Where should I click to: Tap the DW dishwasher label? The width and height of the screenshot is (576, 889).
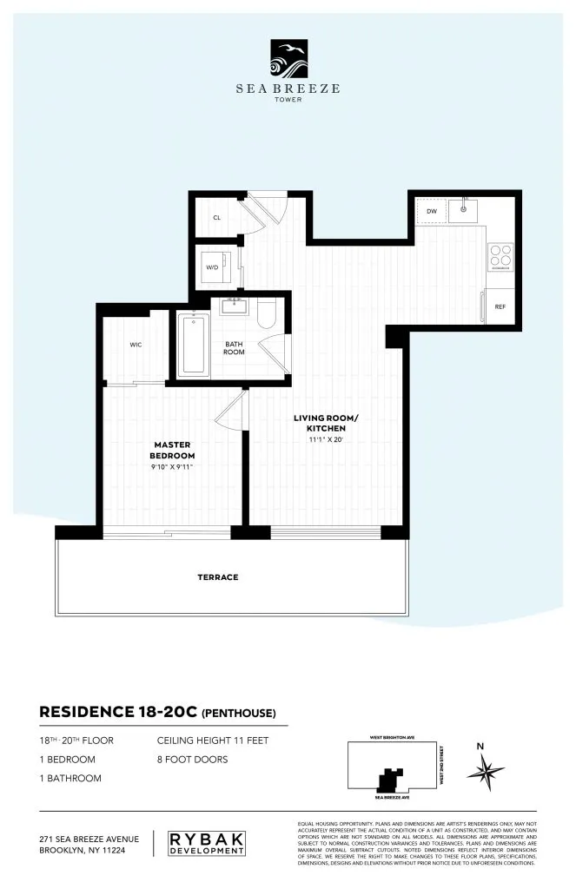[431, 211]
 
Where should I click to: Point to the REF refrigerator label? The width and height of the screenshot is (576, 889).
[500, 306]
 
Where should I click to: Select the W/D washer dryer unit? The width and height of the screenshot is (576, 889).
[214, 267]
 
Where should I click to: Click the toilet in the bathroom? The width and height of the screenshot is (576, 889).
[267, 313]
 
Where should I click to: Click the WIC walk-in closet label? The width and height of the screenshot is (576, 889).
[136, 345]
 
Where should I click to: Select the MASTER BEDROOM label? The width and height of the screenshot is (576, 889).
[171, 451]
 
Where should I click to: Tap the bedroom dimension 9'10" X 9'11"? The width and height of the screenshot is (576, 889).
[171, 467]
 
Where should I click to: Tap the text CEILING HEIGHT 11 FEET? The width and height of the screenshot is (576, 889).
[213, 741]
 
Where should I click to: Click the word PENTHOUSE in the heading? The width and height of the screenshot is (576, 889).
[239, 714]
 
